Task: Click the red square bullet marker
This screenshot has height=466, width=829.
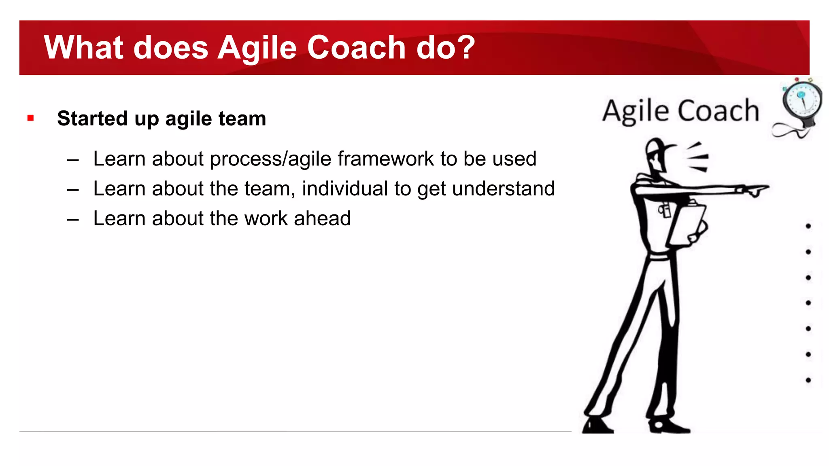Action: point(30,118)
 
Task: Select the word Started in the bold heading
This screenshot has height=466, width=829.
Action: point(92,119)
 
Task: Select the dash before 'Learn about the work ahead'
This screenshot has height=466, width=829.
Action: point(73,219)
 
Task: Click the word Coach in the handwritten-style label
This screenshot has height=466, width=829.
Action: point(718,111)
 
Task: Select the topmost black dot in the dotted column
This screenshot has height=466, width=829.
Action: point(808,226)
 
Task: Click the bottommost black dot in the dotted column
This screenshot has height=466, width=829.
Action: point(808,380)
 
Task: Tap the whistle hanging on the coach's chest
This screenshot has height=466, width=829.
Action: point(664,210)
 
